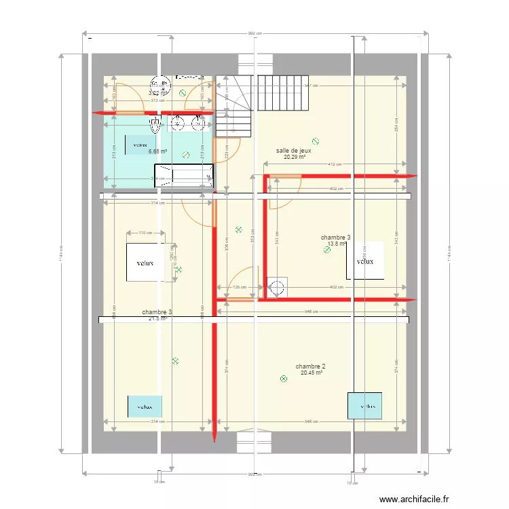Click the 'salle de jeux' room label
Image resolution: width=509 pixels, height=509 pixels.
click(294, 151)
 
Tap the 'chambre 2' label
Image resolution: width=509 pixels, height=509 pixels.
click(311, 366)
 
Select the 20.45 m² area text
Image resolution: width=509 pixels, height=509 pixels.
click(311, 373)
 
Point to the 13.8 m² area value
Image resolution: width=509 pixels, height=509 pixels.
click(337, 244)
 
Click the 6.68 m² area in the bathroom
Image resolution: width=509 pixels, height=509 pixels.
click(157, 152)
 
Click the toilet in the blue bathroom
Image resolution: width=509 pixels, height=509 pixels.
click(156, 124)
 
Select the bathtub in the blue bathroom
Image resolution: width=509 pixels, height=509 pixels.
click(183, 175)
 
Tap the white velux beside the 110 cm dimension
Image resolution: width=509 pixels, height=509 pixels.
click(145, 263)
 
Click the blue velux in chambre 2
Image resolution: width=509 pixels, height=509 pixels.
click(364, 406)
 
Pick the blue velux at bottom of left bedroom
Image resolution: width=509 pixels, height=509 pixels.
click(145, 407)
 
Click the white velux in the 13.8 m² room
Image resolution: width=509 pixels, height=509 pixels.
click(365, 261)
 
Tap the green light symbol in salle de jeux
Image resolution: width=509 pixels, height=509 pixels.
click(315, 142)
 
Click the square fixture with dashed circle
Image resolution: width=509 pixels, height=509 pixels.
click(278, 288)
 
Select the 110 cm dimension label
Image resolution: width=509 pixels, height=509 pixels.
click(145, 233)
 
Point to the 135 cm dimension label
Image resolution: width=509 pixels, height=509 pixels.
click(240, 287)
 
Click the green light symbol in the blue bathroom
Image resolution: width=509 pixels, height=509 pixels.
click(186, 155)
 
